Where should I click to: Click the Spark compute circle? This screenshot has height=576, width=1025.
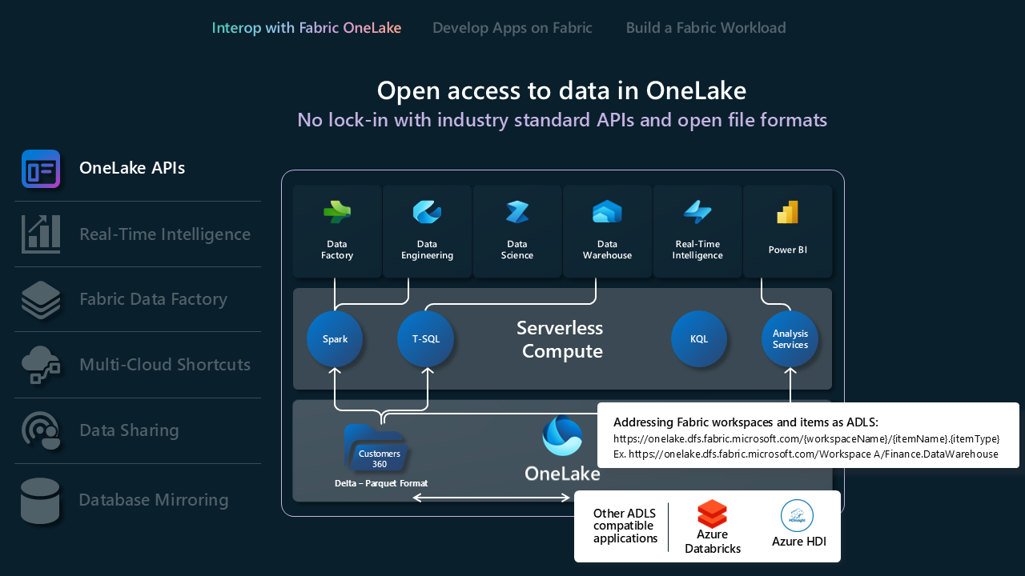click(x=335, y=339)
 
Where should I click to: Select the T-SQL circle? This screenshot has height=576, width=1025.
click(x=425, y=339)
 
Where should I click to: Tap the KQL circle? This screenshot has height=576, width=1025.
click(x=699, y=339)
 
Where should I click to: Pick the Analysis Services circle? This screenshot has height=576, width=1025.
click(x=790, y=339)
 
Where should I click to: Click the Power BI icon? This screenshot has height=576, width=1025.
click(x=788, y=213)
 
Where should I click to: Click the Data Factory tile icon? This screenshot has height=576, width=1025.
click(x=337, y=213)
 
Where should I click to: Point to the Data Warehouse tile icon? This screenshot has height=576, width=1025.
click(x=607, y=213)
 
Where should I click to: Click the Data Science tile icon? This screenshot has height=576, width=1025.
click(x=517, y=213)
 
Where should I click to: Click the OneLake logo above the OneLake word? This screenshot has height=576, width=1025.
click(x=562, y=436)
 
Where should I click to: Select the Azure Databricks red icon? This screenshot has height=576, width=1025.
click(x=712, y=514)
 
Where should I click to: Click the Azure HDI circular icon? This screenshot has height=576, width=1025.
click(x=797, y=516)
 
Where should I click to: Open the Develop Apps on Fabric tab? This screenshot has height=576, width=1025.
click(x=512, y=28)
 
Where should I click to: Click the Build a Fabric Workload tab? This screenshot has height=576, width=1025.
click(x=705, y=28)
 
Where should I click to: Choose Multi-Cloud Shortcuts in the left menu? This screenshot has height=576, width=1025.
click(x=165, y=365)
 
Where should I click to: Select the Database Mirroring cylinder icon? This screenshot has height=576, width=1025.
click(x=40, y=501)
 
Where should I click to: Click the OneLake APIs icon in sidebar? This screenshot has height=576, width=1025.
click(x=41, y=169)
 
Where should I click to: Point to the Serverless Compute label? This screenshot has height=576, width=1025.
click(x=560, y=339)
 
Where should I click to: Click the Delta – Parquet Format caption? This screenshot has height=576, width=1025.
click(x=381, y=483)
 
